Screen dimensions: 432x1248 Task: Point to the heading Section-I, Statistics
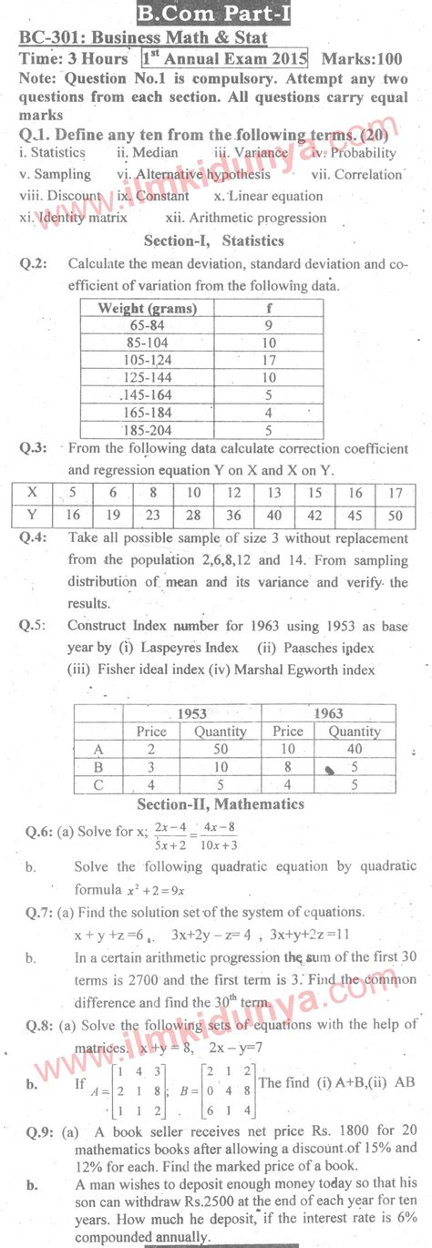coord(214,240)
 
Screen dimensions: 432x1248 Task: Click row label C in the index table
coord(98,783)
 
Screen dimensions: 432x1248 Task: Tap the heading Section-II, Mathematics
coord(220,804)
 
